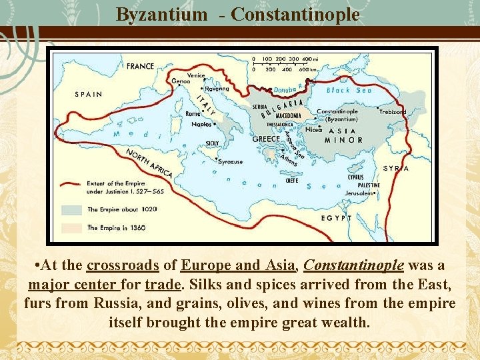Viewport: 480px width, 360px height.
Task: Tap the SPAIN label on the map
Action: (x=88, y=94)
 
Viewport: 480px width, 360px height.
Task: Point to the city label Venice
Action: (x=196, y=75)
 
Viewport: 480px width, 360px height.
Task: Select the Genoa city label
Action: (x=181, y=81)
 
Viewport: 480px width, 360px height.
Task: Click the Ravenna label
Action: (x=217, y=89)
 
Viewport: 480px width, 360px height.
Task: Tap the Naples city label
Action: (x=201, y=124)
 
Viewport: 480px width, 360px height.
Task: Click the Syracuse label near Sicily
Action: (x=231, y=162)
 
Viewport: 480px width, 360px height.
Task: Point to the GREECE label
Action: (x=266, y=139)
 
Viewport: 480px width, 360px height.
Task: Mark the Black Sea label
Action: (x=349, y=90)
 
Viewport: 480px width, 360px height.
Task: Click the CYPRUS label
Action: (x=355, y=177)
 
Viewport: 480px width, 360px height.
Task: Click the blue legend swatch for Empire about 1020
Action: (x=71, y=209)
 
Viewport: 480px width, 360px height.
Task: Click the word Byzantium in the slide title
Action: (x=161, y=14)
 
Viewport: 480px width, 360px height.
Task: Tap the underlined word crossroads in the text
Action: (x=123, y=266)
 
